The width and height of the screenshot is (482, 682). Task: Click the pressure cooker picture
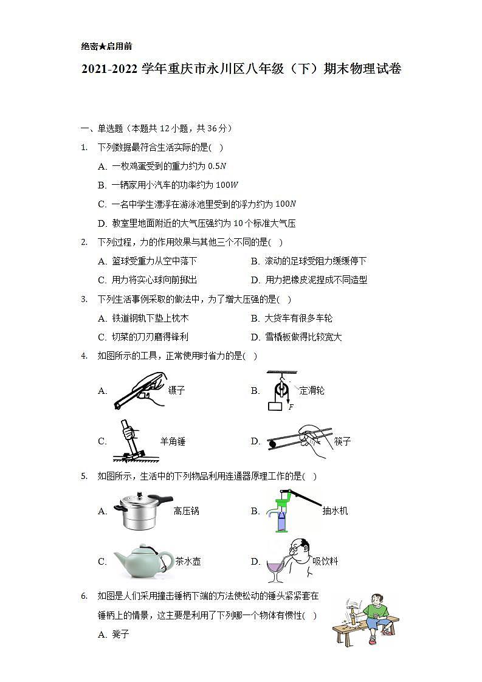(x=139, y=511)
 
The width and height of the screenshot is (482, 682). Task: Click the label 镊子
(x=176, y=391)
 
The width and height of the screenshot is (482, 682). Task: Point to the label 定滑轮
(x=312, y=390)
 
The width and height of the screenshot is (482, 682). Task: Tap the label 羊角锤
(x=172, y=441)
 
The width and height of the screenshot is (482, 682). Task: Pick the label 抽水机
(x=335, y=511)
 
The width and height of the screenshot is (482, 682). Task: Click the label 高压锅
(x=186, y=511)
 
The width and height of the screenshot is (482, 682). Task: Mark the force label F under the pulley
(x=291, y=407)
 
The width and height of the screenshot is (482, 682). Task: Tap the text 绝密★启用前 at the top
(x=106, y=46)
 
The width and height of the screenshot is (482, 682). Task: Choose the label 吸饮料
(x=325, y=562)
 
